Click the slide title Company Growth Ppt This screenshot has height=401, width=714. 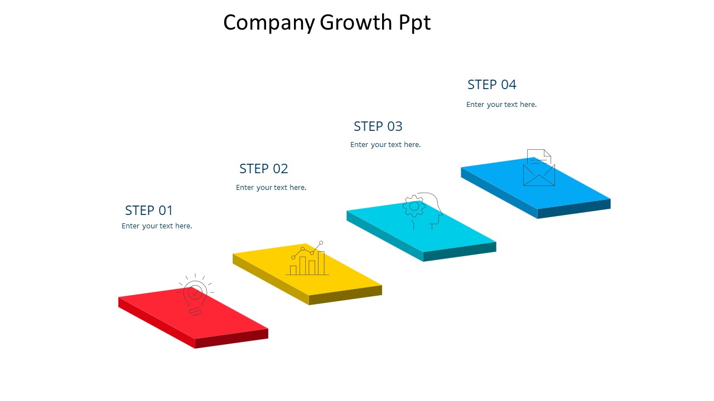(x=327, y=23)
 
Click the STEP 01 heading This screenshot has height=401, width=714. (x=149, y=211)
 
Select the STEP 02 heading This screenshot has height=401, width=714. (x=263, y=169)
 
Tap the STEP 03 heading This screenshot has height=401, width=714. (x=378, y=126)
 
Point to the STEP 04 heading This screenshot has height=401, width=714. (x=491, y=85)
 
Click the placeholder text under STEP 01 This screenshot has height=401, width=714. (x=157, y=226)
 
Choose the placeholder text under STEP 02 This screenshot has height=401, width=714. (x=271, y=188)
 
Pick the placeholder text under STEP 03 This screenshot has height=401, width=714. (x=385, y=145)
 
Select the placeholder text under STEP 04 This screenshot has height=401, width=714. (x=501, y=105)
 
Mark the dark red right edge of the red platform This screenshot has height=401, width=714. (x=231, y=339)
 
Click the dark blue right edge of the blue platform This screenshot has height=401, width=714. (x=574, y=209)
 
